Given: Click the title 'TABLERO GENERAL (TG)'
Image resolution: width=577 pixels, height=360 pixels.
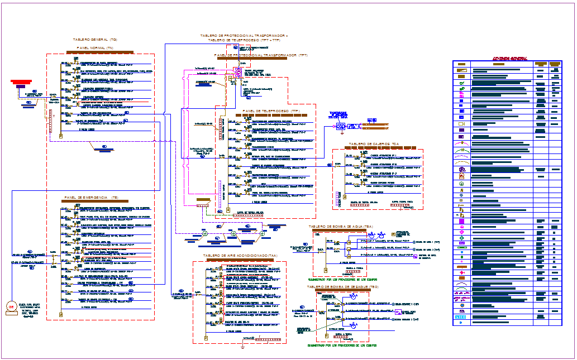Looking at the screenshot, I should point(95,40).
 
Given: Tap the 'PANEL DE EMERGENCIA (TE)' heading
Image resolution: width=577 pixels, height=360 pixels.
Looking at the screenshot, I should point(91,198).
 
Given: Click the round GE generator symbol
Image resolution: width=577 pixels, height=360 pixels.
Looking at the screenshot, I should point(10,308).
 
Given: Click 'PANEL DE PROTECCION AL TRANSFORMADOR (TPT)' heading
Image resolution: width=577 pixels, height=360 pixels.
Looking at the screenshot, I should point(261,56).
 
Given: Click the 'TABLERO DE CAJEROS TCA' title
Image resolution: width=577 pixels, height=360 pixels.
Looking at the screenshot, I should point(374,144).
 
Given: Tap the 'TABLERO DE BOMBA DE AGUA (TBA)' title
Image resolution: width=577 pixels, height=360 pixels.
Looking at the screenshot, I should point(341,227).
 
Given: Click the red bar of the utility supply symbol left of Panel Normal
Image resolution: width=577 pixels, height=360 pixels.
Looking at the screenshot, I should point(21,83).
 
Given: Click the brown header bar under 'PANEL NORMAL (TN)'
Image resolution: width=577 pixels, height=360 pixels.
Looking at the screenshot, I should point(101,52).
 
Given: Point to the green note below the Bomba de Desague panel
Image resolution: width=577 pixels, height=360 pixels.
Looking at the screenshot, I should point(341,345).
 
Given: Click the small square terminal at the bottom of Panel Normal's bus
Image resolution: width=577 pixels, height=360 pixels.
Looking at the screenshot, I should point(60,136).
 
